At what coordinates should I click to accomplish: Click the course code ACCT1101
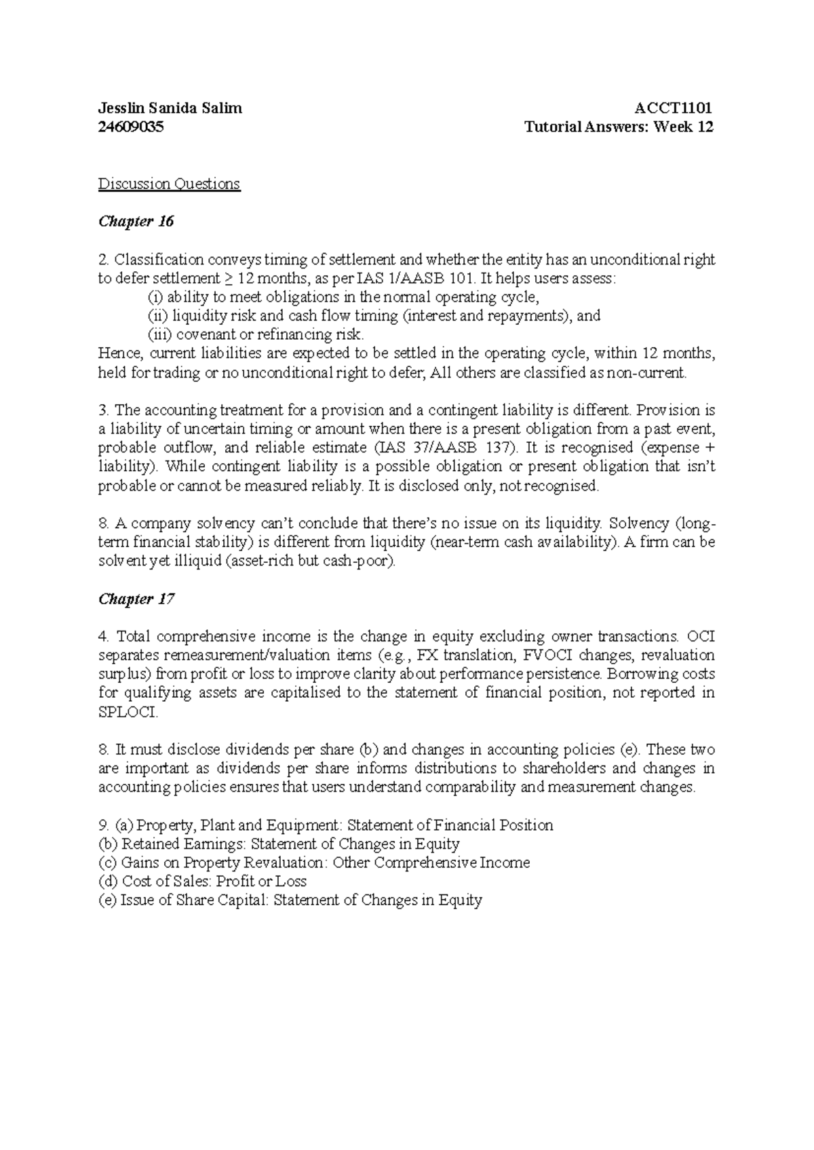click(x=673, y=108)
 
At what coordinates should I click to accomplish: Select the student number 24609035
click(x=131, y=127)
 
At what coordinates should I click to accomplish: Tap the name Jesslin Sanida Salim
click(x=170, y=108)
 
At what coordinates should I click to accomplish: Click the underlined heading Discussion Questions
click(x=169, y=184)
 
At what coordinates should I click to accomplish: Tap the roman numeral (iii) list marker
click(x=160, y=334)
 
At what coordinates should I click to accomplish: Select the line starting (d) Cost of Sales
click(x=203, y=881)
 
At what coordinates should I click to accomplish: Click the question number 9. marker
click(x=104, y=825)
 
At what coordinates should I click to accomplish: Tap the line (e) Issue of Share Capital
click(x=290, y=900)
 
